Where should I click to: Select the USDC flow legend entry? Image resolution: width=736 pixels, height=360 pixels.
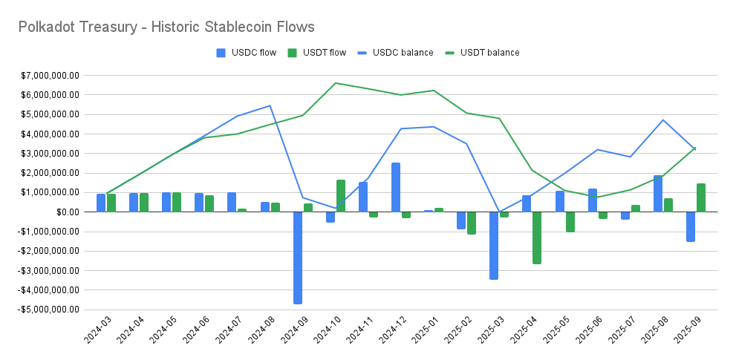[x=249, y=52]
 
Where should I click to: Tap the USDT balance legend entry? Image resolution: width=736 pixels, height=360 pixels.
[x=485, y=52]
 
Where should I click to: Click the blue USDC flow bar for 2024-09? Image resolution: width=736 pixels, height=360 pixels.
[x=297, y=258]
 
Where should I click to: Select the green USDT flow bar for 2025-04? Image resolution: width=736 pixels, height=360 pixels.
[x=536, y=238]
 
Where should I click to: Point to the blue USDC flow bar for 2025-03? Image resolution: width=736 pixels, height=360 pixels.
[x=494, y=245]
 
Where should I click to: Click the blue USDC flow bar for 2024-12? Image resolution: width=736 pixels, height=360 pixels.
[x=396, y=187]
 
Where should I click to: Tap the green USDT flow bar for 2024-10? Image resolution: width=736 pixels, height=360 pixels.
[x=340, y=196]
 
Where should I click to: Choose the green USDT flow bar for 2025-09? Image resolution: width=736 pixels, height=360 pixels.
[x=700, y=197]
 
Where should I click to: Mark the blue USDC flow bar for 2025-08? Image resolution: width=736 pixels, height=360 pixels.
[x=658, y=193]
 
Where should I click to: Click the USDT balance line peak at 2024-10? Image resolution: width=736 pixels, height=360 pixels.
[x=336, y=83]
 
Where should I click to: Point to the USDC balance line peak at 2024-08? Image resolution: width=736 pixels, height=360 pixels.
[x=270, y=105]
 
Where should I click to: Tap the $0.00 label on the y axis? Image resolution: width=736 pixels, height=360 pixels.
[x=68, y=212]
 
